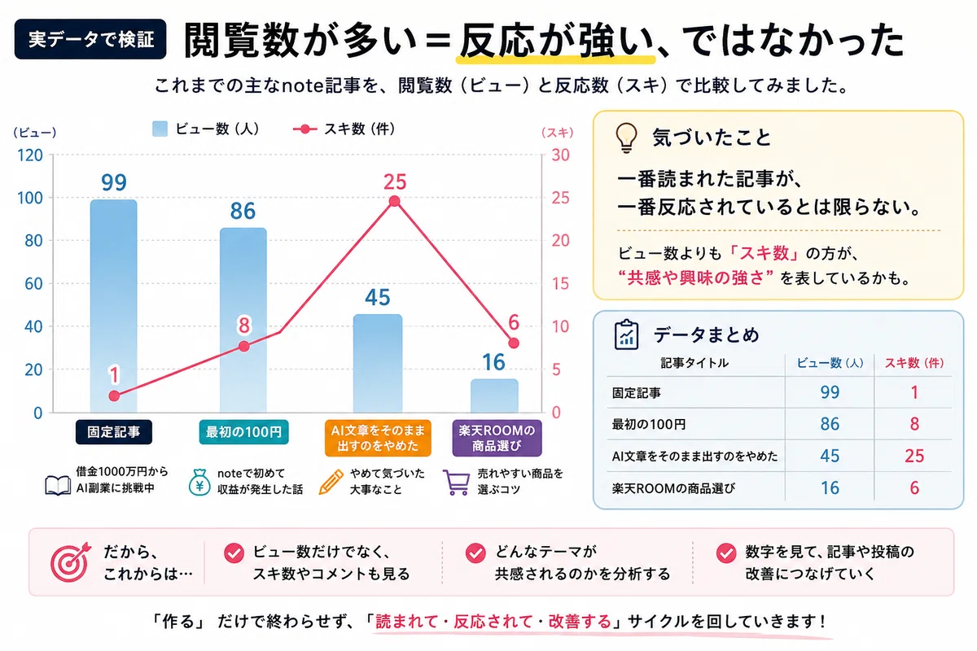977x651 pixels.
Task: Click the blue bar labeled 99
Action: coord(114,306)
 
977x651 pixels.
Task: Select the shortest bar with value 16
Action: coord(494,395)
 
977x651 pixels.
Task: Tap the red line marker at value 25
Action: coord(394,201)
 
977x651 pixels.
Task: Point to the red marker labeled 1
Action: coord(114,396)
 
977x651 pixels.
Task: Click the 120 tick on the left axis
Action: coord(29,155)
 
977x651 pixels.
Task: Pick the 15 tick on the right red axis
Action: coord(560,284)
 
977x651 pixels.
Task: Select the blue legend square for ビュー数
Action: coord(160,129)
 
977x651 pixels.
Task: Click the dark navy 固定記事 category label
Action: coord(114,432)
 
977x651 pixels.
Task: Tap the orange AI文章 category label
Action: coord(378,439)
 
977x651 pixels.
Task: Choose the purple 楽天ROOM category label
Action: coord(497,439)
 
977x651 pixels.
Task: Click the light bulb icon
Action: coord(626,138)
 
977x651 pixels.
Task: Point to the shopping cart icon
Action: coord(456,483)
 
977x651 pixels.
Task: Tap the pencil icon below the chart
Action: coord(331,483)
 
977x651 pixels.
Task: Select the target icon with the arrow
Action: coord(70,562)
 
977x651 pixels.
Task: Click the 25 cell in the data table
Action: coord(914,456)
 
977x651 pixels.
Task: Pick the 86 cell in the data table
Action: coord(830,424)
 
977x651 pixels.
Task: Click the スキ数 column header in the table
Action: coord(914,363)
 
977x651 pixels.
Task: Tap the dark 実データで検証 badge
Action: coord(90,39)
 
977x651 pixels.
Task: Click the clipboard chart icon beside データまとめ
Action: coord(626,335)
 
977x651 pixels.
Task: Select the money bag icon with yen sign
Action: coord(199,483)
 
